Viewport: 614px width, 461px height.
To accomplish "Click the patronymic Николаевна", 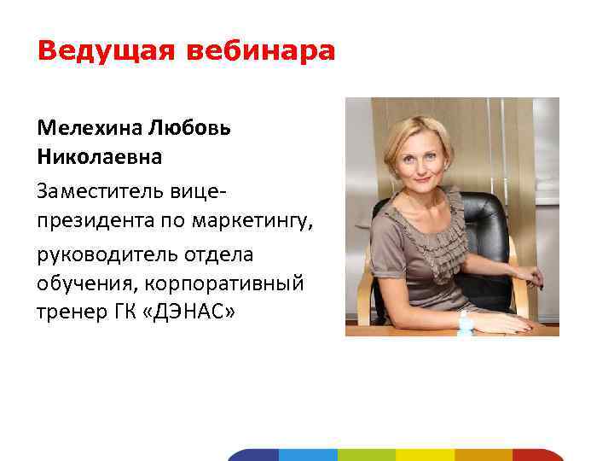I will [99, 158].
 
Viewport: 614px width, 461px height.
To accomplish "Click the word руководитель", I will [102, 254].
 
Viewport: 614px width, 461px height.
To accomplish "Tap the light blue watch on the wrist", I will [466, 322].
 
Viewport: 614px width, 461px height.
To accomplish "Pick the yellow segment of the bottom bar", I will [426, 455].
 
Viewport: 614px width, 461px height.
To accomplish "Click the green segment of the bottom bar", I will [367, 455].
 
